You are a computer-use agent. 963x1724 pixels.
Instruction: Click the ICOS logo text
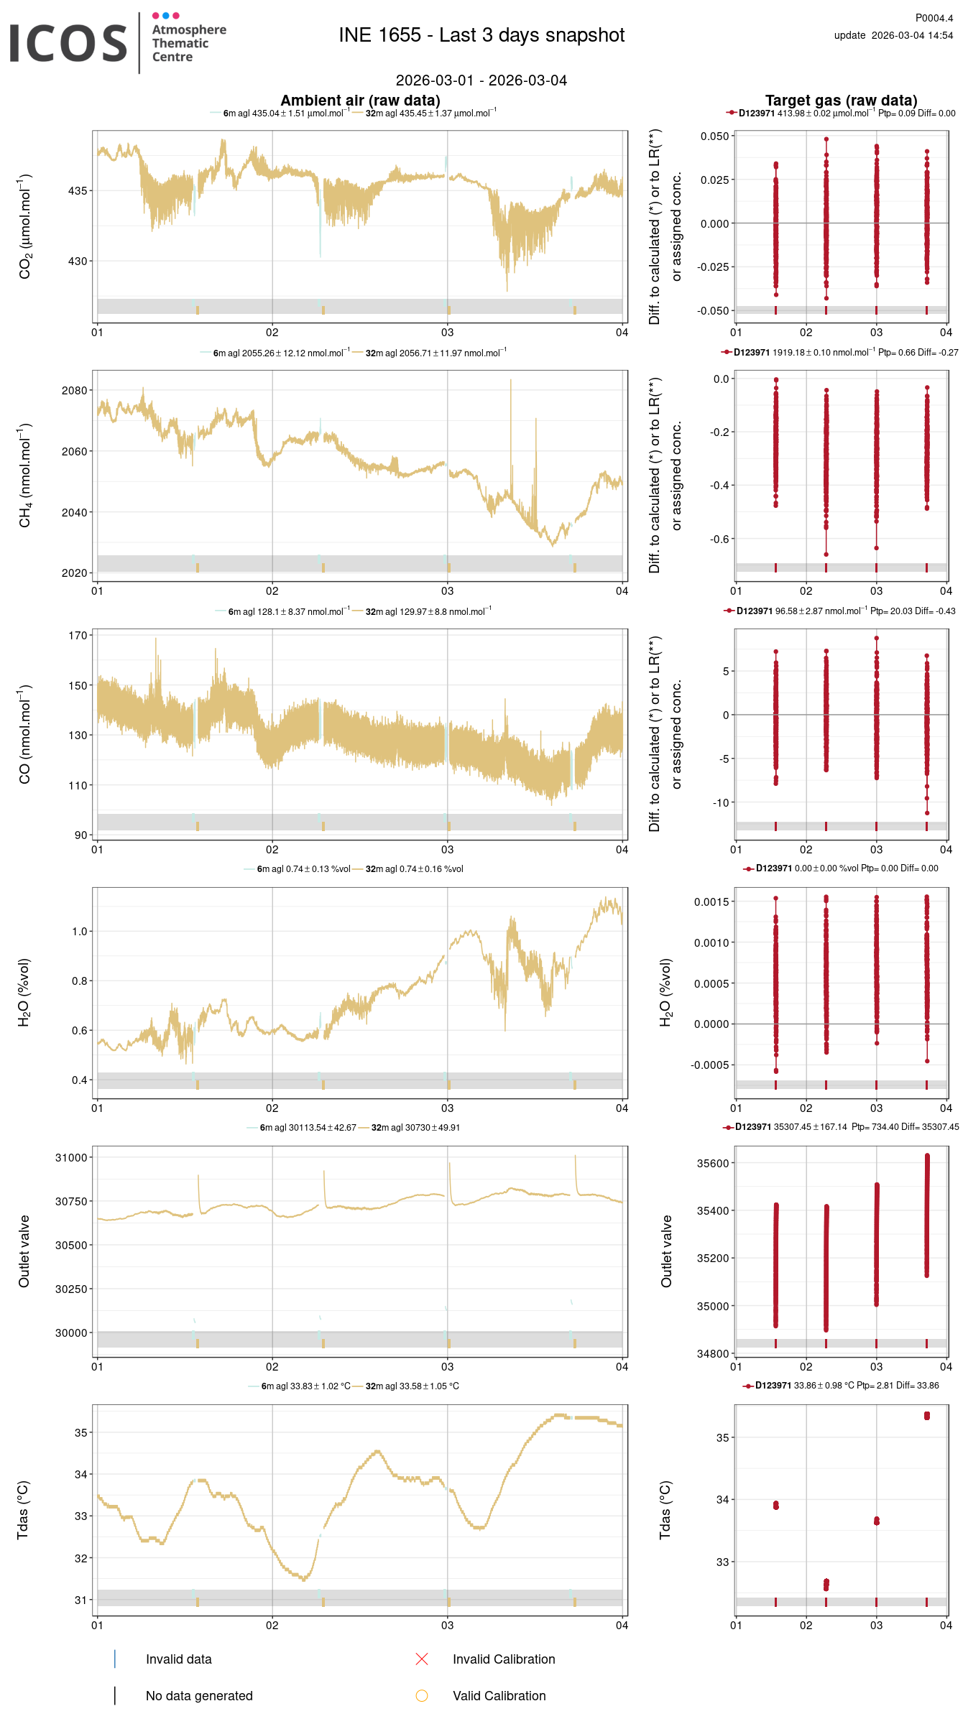(68, 43)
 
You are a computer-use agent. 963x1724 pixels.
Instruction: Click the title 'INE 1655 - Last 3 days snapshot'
(481, 35)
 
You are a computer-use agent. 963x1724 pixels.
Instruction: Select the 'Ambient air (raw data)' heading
(360, 101)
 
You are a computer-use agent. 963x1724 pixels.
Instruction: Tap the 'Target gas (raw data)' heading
(841, 101)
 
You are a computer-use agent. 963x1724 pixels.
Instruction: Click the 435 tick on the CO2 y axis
(78, 190)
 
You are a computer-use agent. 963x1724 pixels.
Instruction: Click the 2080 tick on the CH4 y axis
(75, 390)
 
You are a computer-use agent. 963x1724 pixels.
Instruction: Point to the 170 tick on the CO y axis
(78, 635)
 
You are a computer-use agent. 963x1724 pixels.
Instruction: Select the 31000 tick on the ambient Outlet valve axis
(72, 1157)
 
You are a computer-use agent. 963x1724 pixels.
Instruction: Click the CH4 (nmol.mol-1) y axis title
(25, 476)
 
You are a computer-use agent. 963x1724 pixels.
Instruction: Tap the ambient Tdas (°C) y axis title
(23, 1510)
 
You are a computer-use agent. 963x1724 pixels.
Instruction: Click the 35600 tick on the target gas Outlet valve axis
(713, 1163)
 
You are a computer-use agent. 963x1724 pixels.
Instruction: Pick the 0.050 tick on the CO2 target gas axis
(715, 136)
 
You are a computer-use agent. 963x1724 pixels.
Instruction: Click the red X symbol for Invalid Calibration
(422, 1659)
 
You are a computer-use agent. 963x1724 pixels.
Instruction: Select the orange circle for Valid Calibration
(422, 1695)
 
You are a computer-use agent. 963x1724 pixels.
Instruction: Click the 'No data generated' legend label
(199, 1695)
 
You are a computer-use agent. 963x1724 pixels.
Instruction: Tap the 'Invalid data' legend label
(178, 1659)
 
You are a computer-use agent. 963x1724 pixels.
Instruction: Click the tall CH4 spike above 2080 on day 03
(511, 381)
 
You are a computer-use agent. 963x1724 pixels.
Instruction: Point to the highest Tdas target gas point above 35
(927, 1415)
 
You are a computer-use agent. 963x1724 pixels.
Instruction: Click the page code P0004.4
(934, 18)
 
